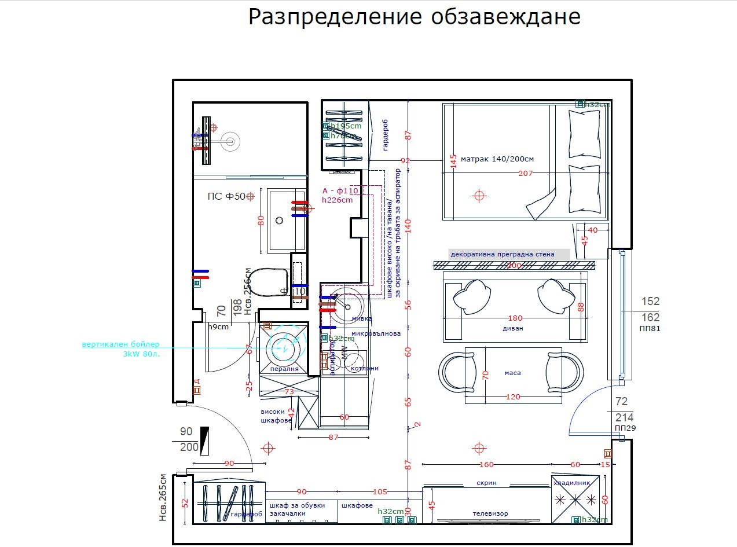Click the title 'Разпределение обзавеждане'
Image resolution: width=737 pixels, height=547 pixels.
(x=414, y=17)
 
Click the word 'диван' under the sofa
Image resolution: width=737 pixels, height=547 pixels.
(x=512, y=328)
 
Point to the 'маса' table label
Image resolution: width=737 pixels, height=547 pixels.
(x=512, y=373)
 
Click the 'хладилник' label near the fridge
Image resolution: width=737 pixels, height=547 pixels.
(x=571, y=482)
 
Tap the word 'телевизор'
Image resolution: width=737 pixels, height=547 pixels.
(x=490, y=513)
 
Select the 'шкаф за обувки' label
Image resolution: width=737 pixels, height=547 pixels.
(x=297, y=505)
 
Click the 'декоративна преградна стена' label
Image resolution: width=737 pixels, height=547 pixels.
(x=502, y=254)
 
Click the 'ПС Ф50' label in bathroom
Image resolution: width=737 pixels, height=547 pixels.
(x=226, y=196)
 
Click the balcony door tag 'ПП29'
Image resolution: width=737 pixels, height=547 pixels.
(x=625, y=428)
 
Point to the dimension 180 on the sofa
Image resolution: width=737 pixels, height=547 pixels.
(x=515, y=318)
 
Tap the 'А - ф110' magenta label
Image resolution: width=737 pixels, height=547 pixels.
(x=340, y=190)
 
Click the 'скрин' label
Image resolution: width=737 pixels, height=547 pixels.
(x=486, y=483)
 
